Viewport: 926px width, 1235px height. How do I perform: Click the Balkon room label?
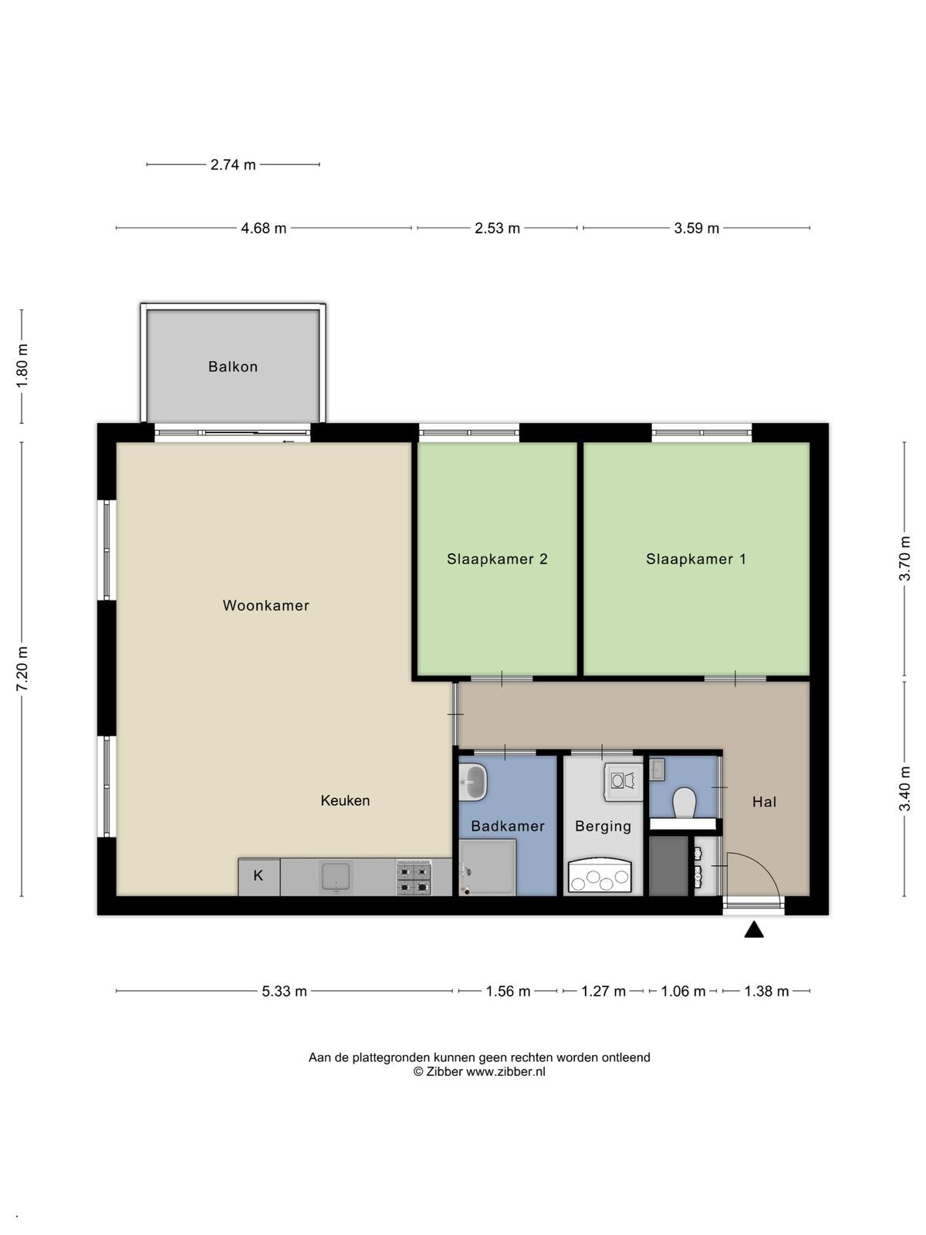click(233, 367)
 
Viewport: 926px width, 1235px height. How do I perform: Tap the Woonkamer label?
click(266, 605)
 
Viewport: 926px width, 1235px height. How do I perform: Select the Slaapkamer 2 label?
click(497, 559)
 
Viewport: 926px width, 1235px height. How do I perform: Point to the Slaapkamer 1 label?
click(696, 559)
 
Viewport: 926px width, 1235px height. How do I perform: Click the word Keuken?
click(345, 800)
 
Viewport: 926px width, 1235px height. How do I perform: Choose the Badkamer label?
click(508, 826)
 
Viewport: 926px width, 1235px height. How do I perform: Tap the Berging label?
click(603, 827)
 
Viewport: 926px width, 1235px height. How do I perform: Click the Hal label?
click(764, 802)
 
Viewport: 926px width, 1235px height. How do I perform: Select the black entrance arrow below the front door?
click(754, 930)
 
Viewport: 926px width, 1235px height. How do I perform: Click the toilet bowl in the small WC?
click(684, 802)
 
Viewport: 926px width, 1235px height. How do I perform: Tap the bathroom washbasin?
click(472, 782)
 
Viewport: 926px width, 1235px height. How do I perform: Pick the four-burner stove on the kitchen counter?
click(414, 877)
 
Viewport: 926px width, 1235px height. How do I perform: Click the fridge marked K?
click(259, 877)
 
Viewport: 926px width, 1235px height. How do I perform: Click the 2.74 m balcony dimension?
click(233, 165)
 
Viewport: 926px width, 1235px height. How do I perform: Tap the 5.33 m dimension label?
click(284, 991)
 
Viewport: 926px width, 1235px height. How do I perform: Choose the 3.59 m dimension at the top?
click(696, 228)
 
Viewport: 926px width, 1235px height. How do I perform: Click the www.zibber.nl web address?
click(505, 1071)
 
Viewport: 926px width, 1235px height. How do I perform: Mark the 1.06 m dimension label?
click(683, 991)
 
